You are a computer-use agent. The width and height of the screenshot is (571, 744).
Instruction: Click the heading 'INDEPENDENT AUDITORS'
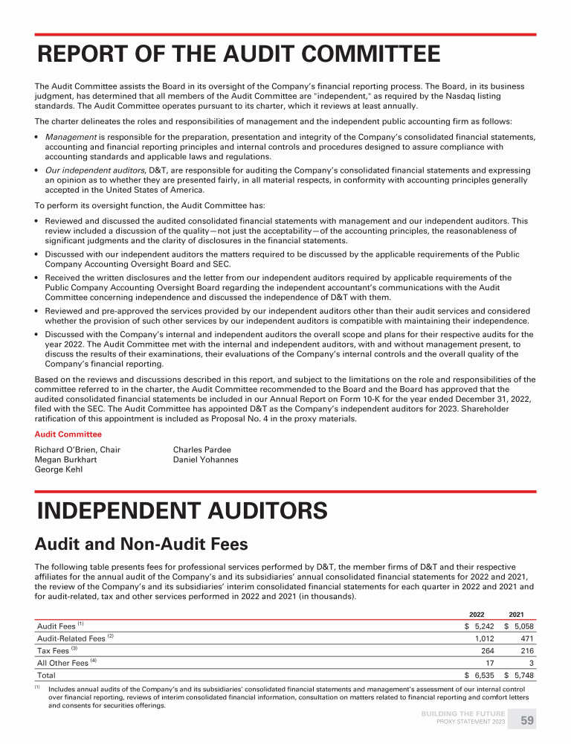point(182,511)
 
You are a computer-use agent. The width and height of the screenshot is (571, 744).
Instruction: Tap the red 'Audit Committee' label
point(68,434)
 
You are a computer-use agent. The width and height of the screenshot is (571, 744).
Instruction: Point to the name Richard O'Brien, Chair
point(77,449)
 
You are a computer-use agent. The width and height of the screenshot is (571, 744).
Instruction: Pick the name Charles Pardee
point(201,449)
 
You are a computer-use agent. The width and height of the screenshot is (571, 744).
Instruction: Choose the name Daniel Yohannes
point(205,460)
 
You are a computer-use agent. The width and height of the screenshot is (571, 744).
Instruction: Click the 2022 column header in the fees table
point(477,614)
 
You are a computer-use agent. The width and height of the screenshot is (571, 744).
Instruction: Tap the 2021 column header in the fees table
point(517,614)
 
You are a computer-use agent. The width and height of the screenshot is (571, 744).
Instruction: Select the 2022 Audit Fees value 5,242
point(484,626)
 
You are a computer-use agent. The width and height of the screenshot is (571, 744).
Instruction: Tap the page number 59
point(526,721)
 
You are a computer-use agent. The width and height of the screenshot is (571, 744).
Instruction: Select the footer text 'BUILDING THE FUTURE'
point(463,714)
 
